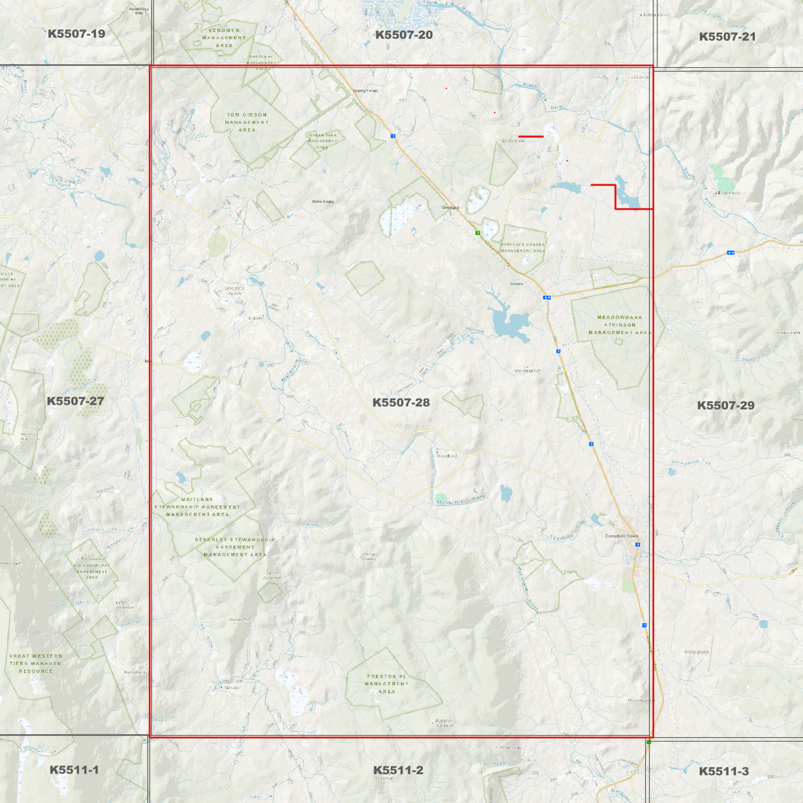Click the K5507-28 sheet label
(401, 402)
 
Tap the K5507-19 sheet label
(76, 34)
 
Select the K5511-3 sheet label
(724, 771)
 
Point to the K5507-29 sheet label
(725, 406)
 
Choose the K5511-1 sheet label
(74, 770)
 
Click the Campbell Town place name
(621, 536)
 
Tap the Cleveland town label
(450, 208)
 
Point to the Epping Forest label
(365, 91)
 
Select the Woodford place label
(447, 456)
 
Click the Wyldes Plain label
(235, 291)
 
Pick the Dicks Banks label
(323, 202)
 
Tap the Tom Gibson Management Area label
(247, 122)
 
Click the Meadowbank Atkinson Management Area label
(620, 325)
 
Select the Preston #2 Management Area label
(386, 684)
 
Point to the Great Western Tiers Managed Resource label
(36, 664)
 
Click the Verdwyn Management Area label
(224, 38)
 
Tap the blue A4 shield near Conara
(547, 298)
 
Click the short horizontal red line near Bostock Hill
(531, 136)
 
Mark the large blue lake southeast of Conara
(511, 323)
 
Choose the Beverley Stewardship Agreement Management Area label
(235, 547)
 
